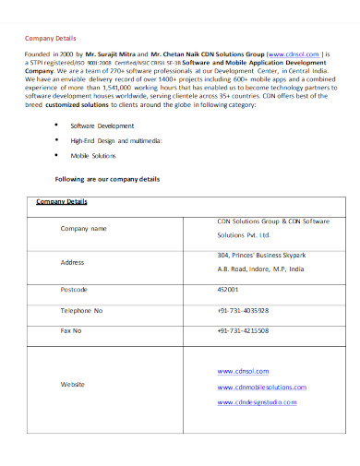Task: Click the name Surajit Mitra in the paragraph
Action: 113,54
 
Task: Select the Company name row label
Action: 83,228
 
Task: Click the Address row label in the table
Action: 72,262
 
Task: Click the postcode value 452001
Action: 230,289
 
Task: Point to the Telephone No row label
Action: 81,310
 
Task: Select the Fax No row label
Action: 71,329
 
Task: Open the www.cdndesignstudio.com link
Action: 257,402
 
